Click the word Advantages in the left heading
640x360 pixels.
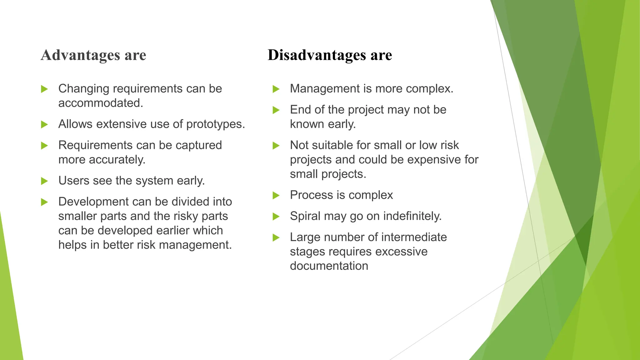(x=80, y=55)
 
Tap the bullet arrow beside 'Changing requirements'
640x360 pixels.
(x=44, y=89)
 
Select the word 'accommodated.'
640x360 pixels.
(x=101, y=103)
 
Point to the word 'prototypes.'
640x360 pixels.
(x=216, y=124)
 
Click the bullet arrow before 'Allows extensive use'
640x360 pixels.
(x=44, y=125)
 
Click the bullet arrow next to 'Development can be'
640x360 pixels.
(x=44, y=202)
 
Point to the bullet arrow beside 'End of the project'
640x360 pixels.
(x=276, y=110)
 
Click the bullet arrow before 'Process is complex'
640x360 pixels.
(x=276, y=196)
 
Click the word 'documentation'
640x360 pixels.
(x=329, y=266)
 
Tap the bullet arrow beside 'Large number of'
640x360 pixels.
(x=276, y=238)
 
